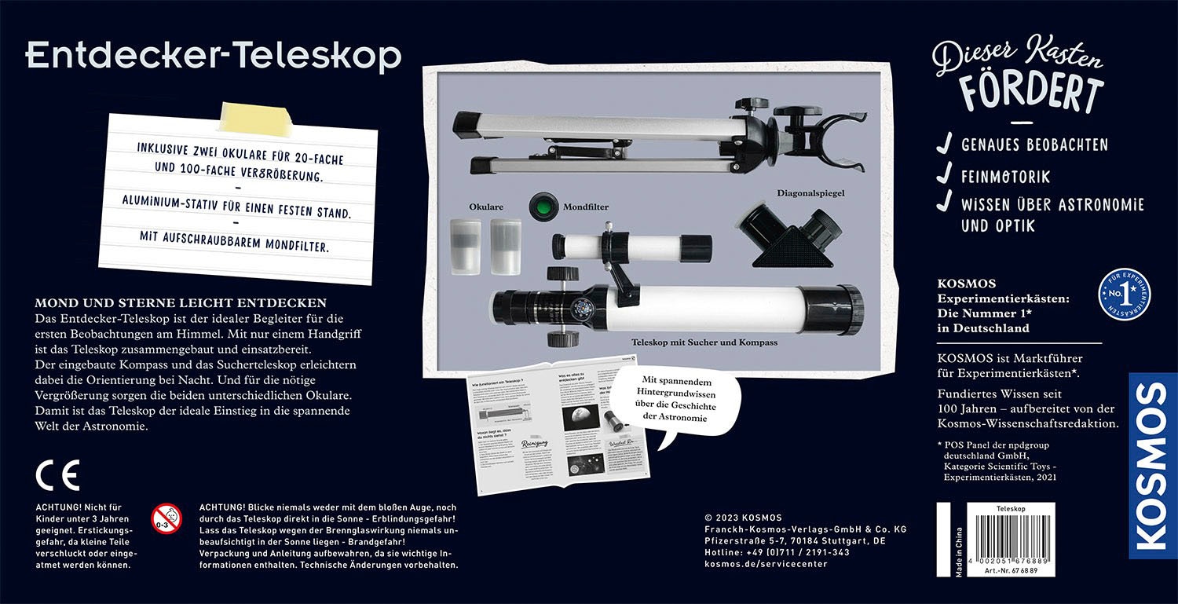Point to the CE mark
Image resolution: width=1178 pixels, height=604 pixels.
[x=57, y=475]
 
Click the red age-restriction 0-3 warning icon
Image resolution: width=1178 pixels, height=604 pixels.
[x=166, y=517]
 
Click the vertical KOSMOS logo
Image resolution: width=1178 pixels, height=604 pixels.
[x=1152, y=466]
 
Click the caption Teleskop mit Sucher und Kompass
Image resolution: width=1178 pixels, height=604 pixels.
[x=704, y=342]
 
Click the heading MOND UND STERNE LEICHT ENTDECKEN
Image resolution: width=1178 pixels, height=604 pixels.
[x=181, y=302]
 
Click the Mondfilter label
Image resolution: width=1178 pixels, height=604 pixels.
[x=585, y=207]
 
